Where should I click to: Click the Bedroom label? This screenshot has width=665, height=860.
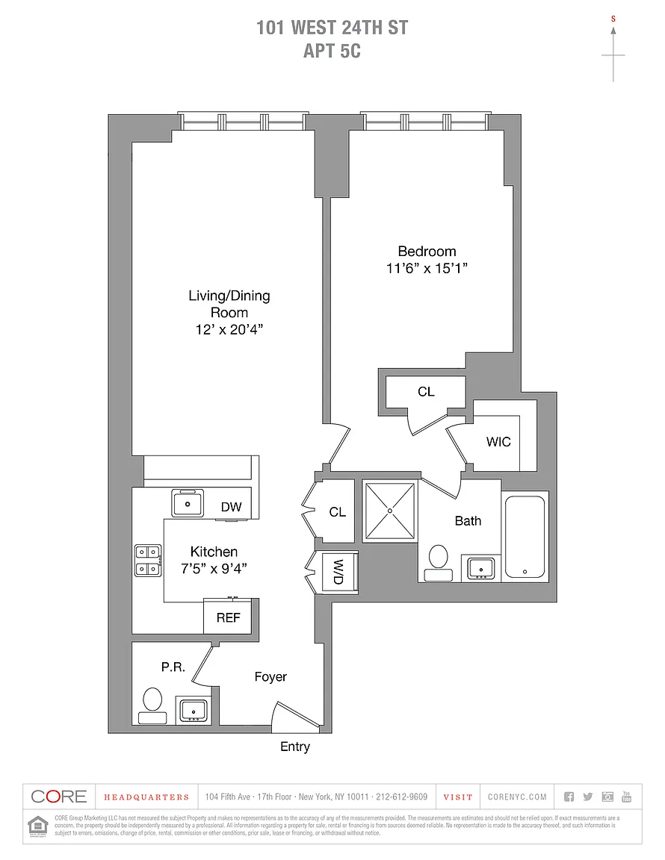(427, 252)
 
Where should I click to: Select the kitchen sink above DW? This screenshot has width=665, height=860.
(188, 502)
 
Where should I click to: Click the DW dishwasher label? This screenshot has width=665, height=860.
(231, 508)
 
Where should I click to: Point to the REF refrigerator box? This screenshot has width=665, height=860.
(228, 617)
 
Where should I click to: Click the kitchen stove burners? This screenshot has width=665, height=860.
(147, 560)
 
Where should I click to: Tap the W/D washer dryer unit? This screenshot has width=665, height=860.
(338, 572)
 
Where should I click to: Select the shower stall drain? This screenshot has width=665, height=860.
(389, 510)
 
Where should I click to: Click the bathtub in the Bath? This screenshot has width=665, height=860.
(526, 536)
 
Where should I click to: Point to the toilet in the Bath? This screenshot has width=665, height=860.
(439, 561)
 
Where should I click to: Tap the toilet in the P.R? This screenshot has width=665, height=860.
(153, 704)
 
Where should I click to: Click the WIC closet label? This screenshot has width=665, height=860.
(498, 441)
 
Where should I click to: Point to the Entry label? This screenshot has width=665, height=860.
(295, 747)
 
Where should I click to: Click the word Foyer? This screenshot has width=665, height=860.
(270, 676)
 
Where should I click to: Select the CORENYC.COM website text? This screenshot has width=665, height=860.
(517, 797)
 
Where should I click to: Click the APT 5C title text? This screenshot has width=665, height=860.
(332, 52)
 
